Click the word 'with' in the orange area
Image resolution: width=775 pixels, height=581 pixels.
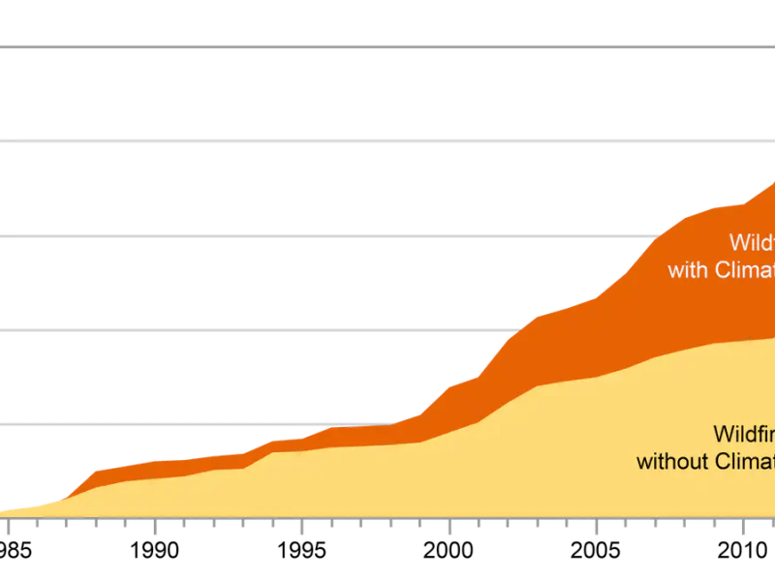(x=688, y=270)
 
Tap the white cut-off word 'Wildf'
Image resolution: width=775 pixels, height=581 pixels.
(x=752, y=242)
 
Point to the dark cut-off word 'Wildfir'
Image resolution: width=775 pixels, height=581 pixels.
(x=744, y=433)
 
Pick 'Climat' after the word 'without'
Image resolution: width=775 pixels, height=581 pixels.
(x=744, y=461)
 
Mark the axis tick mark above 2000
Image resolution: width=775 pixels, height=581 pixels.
(x=449, y=523)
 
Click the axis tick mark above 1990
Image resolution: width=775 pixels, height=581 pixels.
(x=155, y=523)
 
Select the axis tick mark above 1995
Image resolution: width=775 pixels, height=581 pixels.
(x=302, y=523)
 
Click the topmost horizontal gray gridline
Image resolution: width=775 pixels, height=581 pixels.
(x=387, y=46)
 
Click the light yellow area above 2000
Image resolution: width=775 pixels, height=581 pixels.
(x=449, y=474)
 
